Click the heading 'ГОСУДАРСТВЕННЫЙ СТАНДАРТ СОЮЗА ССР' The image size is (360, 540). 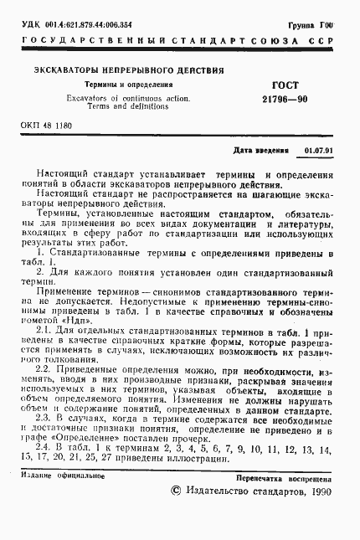click(x=179, y=40)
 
